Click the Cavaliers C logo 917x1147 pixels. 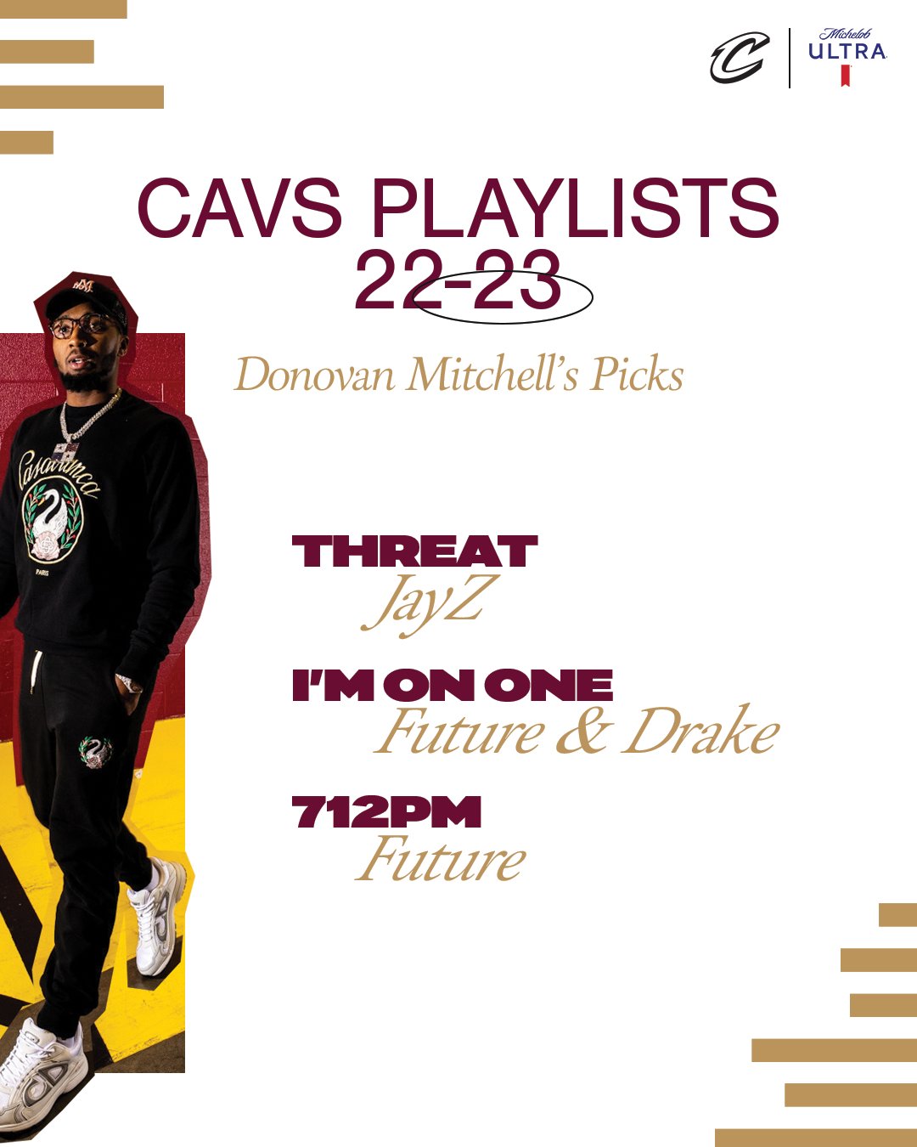740,58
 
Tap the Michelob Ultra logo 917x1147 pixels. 847,56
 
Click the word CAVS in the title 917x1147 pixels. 239,208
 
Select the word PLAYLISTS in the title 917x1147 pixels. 575,208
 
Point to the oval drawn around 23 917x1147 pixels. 504,297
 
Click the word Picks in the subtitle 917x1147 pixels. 637,375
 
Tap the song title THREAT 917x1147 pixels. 414,552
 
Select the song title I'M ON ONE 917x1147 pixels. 452,686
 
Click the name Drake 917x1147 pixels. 700,732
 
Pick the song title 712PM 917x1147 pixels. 386,812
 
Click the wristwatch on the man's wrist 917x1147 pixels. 129,683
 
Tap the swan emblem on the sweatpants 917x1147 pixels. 95,752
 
